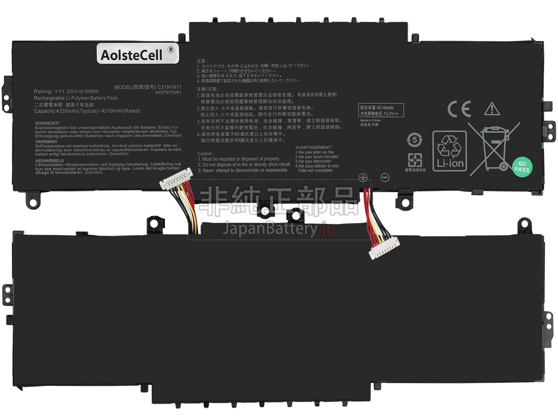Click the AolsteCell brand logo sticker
click(x=137, y=54)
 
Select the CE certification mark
click(x=459, y=109)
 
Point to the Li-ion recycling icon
click(x=450, y=150)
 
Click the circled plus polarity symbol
click(x=363, y=177)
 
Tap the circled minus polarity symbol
click(x=385, y=177)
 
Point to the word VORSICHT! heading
click(x=46, y=123)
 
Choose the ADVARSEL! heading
click(x=48, y=160)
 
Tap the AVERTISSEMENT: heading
click(x=313, y=147)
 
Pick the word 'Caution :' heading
click(x=206, y=154)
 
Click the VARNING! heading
click(x=46, y=142)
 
